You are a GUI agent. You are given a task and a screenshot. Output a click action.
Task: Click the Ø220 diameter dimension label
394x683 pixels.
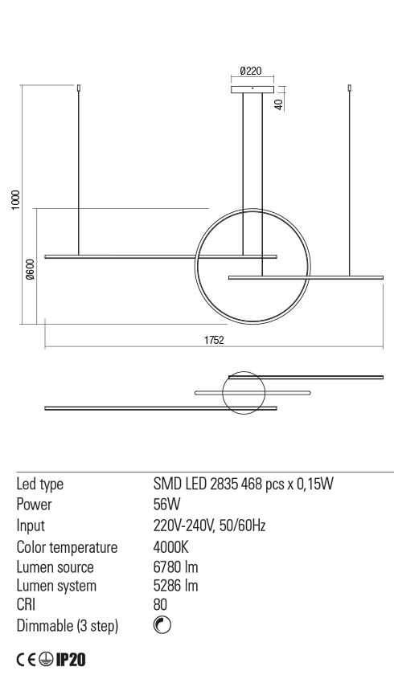(x=252, y=72)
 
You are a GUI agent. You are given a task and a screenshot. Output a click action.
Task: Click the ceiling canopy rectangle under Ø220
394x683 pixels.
(x=252, y=89)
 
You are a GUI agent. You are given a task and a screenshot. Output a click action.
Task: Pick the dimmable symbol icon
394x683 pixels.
(x=160, y=625)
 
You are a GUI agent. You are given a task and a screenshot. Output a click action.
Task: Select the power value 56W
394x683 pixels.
(x=166, y=505)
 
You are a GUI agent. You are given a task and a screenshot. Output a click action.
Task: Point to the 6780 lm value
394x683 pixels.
(x=175, y=567)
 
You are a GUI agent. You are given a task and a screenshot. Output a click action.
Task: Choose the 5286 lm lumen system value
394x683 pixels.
(x=175, y=586)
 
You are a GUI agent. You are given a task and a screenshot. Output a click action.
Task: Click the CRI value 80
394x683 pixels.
(x=160, y=605)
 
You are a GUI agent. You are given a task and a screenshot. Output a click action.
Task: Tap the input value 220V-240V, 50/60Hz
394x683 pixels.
(x=209, y=526)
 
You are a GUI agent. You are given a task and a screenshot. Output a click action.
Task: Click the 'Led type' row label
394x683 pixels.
(x=40, y=485)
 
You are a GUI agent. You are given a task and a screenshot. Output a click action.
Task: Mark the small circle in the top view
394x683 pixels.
(x=243, y=394)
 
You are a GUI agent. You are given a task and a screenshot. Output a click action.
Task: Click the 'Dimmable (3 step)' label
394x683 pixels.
(x=68, y=625)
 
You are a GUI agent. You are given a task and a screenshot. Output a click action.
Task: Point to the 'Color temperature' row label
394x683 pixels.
(x=67, y=547)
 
